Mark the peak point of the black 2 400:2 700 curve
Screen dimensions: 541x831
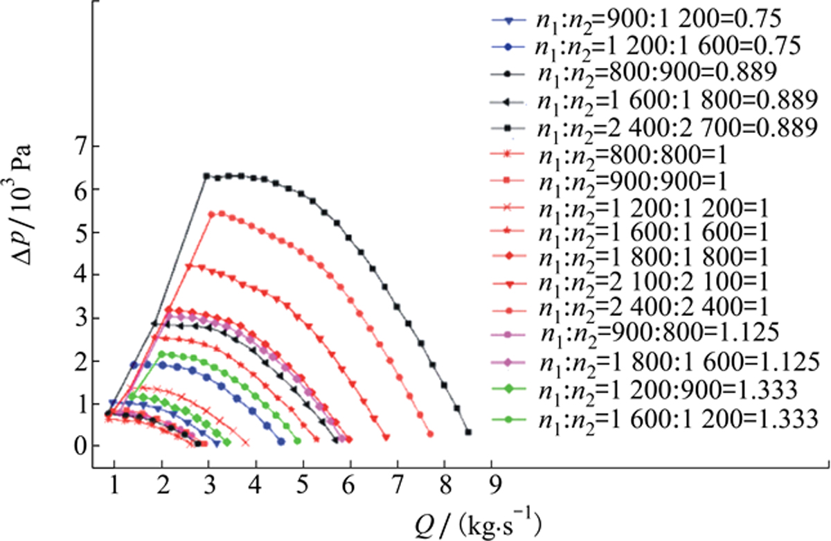[x=240, y=176]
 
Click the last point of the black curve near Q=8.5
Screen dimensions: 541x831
[x=469, y=432]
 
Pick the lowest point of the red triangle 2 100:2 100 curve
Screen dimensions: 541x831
[x=386, y=436]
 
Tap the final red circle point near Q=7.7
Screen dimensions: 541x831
[x=430, y=434]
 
